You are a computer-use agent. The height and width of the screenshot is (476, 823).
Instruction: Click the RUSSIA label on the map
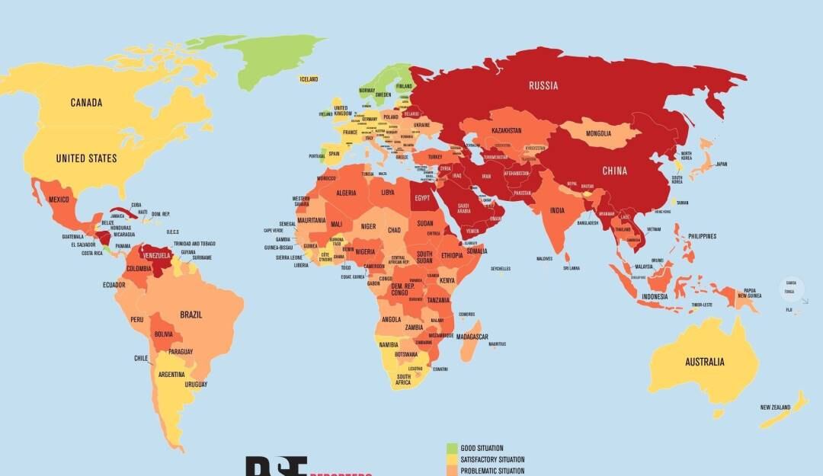pos(543,85)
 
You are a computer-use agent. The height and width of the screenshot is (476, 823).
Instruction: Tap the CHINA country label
pos(614,171)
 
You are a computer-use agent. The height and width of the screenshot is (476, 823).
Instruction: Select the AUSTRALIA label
pos(704,362)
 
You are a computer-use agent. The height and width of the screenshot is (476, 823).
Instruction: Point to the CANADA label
pos(86,103)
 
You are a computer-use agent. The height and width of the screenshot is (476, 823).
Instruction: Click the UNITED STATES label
pos(86,158)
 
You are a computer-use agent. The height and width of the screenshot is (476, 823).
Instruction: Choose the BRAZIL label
pos(191,315)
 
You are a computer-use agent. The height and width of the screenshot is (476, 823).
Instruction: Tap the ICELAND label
pos(309,79)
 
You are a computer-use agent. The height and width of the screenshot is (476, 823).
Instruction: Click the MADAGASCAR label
pos(472,337)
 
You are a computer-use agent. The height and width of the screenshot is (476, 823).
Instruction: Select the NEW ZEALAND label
pos(775,407)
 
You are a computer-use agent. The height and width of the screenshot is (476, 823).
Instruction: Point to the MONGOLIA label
pos(598,134)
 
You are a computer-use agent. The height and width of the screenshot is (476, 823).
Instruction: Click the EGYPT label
pos(422,198)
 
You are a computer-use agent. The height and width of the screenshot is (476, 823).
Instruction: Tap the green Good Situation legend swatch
pos(452,448)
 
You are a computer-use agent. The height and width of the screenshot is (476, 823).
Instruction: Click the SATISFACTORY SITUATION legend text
pos(492,460)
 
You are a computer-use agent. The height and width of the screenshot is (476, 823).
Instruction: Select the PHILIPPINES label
pos(702,236)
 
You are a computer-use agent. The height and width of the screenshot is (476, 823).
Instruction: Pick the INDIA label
pos(558,210)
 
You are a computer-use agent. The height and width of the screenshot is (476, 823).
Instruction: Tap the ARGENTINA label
pos(171,374)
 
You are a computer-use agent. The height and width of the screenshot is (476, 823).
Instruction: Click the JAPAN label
pos(721,164)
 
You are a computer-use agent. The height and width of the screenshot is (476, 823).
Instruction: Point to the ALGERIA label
pos(347,193)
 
